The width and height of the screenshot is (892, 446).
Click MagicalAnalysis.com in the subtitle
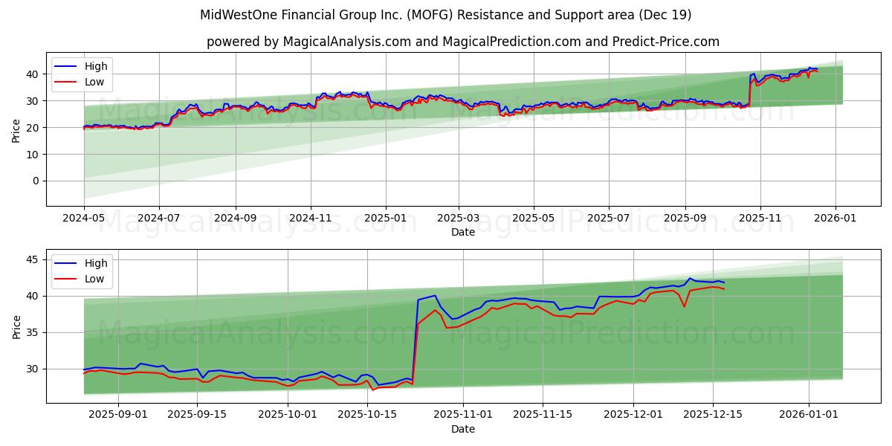pyautogui.click(x=346, y=42)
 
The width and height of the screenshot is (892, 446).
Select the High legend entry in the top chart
pyautogui.click(x=96, y=66)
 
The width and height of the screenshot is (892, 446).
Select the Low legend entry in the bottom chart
pyautogui.click(x=94, y=279)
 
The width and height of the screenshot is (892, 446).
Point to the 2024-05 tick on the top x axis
pyautogui.click(x=84, y=219)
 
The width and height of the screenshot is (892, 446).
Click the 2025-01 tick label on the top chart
pyautogui.click(x=386, y=219)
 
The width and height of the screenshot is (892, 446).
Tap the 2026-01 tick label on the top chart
pyautogui.click(x=836, y=219)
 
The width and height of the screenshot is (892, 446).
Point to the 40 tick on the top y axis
pyautogui.click(x=32, y=74)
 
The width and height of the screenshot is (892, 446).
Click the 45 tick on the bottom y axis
pyautogui.click(x=32, y=259)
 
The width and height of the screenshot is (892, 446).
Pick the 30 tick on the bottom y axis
pyautogui.click(x=32, y=369)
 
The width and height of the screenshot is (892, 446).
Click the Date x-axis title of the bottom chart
pyautogui.click(x=462, y=429)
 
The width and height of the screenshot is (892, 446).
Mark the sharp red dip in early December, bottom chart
pyautogui.click(x=684, y=306)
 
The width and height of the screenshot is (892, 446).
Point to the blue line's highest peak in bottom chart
pyautogui.click(x=689, y=278)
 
